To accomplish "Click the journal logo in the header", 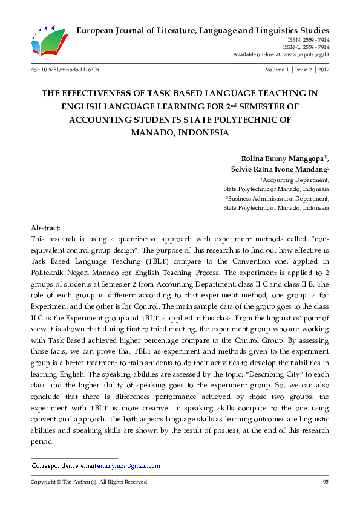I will [x=45, y=42].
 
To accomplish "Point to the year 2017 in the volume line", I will [x=323, y=70].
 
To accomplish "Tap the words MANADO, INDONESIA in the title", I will [x=180, y=132].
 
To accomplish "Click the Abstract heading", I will [x=45, y=228].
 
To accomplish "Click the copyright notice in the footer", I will [x=89, y=482].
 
